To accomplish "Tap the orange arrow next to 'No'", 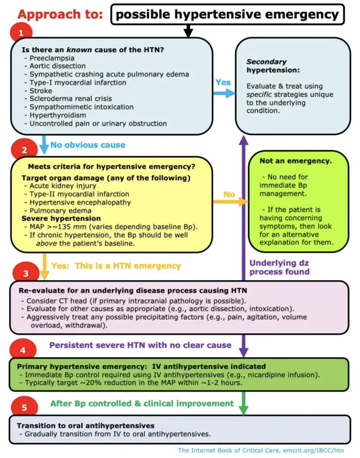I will (x=230, y=202).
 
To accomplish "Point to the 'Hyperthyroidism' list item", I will (x=58, y=115).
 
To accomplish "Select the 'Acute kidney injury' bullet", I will (x=63, y=186).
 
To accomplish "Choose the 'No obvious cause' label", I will (x=88, y=145).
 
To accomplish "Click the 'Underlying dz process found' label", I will (x=280, y=267).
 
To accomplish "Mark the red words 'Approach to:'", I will (x=60, y=15).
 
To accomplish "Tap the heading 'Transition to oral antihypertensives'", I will (x=86, y=426).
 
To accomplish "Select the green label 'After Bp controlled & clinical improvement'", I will (x=141, y=403).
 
